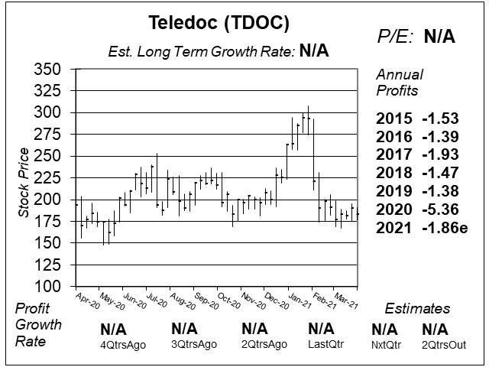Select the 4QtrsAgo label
(123, 344)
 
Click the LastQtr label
(322, 344)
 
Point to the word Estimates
(416, 309)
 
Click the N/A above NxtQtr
(384, 330)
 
